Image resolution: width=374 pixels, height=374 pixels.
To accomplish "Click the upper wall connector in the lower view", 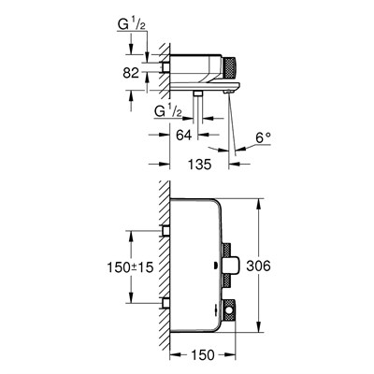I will tap(165, 230).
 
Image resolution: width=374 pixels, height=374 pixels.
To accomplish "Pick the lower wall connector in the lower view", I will tap(165, 300).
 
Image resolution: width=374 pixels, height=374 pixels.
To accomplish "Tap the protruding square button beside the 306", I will tap(229, 266).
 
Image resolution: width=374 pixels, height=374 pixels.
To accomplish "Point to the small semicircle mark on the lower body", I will tap(216, 273).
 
